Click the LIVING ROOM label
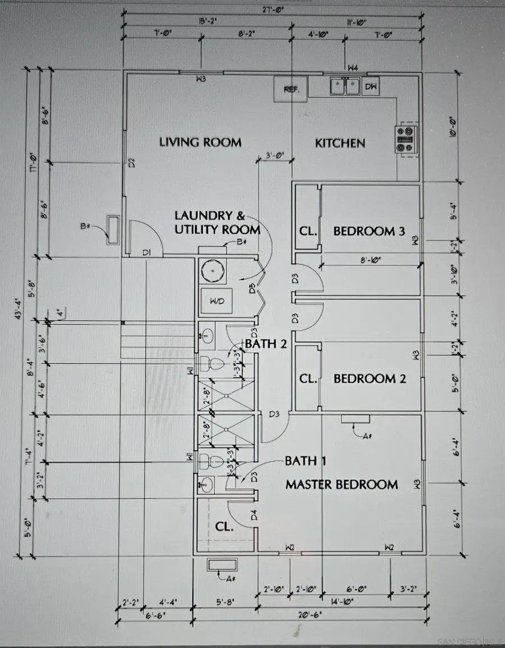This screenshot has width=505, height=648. pyautogui.click(x=200, y=143)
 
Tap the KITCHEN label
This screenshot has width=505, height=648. pyautogui.click(x=340, y=143)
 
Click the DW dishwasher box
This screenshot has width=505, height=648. pyautogui.click(x=371, y=87)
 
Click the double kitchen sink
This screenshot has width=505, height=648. pyautogui.click(x=345, y=86)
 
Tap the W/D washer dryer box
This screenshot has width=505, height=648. pyautogui.click(x=217, y=302)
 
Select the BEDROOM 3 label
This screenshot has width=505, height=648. pyautogui.click(x=369, y=231)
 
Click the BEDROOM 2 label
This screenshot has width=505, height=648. pyautogui.click(x=369, y=379)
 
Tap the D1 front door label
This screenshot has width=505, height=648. pyautogui.click(x=147, y=253)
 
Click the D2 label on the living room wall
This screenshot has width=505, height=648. pyautogui.click(x=131, y=163)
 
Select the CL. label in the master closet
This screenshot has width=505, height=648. pyautogui.click(x=224, y=527)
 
